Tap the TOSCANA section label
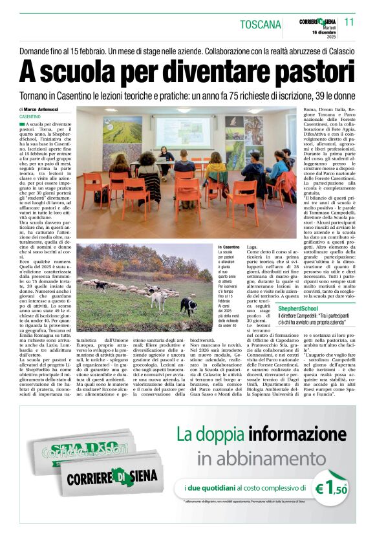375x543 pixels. click(x=261, y=25)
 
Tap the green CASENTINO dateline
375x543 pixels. click(x=31, y=116)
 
